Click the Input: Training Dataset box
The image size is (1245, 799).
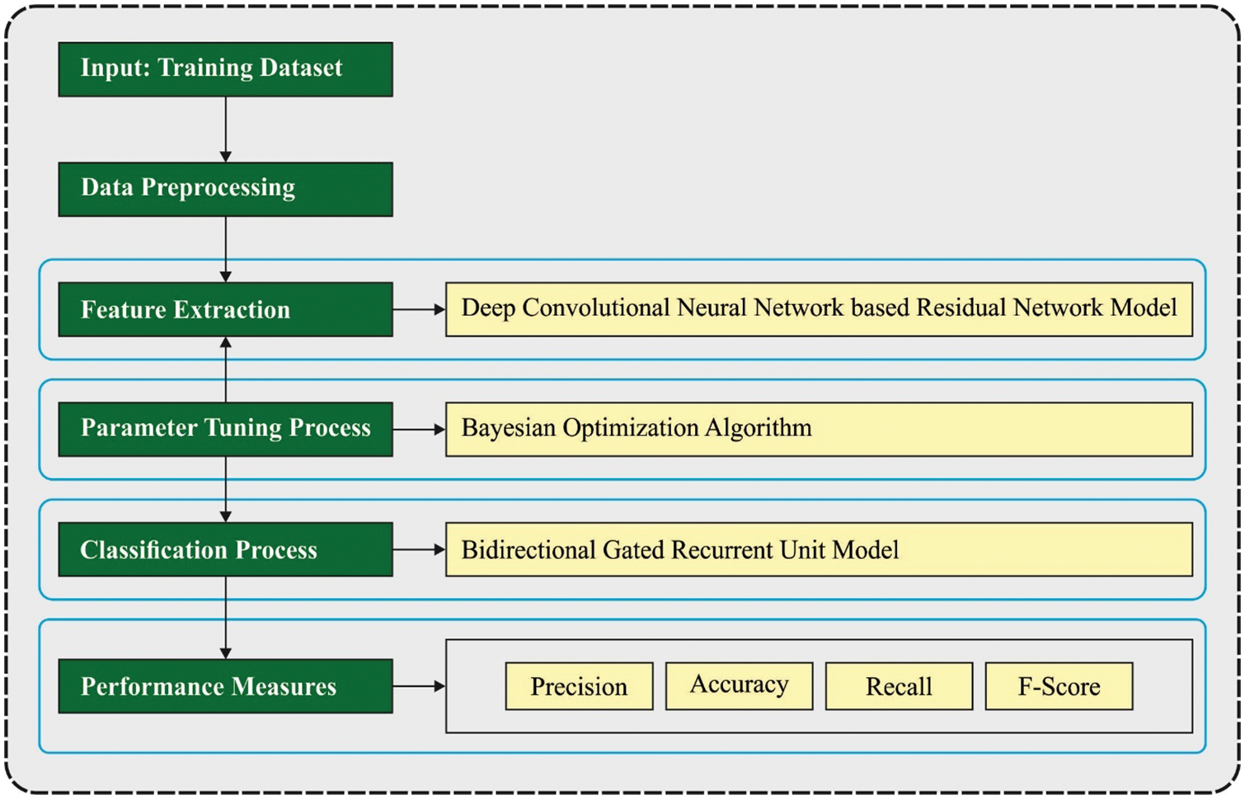click(x=225, y=69)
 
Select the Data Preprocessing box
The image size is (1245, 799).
click(x=225, y=189)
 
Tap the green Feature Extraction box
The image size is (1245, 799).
click(x=225, y=309)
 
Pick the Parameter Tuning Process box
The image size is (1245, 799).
click(x=225, y=429)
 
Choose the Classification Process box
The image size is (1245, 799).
click(x=225, y=549)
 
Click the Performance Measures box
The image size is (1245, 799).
click(x=225, y=686)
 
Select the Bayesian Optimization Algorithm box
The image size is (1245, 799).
click(x=818, y=429)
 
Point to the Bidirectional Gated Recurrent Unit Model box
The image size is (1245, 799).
click(x=818, y=549)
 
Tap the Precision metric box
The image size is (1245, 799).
click(x=579, y=686)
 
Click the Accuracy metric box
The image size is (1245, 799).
click(x=739, y=685)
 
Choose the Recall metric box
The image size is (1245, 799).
click(x=899, y=686)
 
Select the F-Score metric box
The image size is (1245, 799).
click(x=1059, y=686)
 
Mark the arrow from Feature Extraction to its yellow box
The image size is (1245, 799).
click(x=419, y=309)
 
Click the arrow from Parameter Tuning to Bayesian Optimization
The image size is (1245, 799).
click(x=419, y=429)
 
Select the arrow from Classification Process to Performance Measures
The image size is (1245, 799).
click(x=225, y=618)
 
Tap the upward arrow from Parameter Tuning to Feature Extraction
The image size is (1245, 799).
click(x=225, y=369)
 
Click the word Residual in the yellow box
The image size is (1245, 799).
click(x=961, y=308)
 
